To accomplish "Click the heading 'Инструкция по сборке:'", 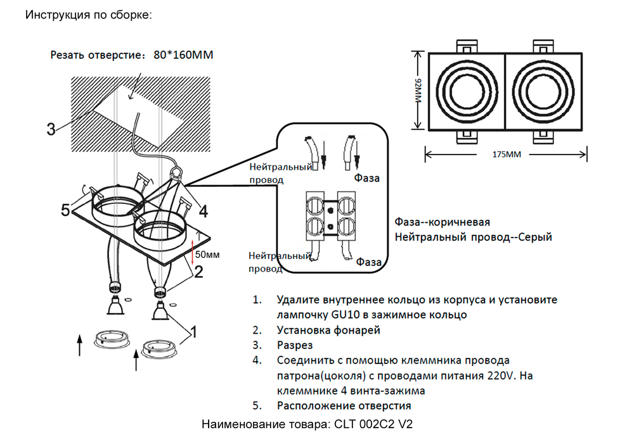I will click(88, 15).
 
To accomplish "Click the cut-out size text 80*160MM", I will click(183, 55).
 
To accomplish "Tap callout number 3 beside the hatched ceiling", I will click(51, 129).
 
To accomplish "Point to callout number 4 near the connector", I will click(203, 210).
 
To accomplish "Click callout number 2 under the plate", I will click(198, 272).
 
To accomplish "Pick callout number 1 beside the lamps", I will click(194, 331).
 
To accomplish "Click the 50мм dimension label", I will click(207, 255).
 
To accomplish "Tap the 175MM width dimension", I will click(505, 154).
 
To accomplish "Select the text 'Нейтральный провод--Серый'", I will click(473, 237).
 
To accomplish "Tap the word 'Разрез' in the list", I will click(295, 346).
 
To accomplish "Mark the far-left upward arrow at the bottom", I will click(79, 346).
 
